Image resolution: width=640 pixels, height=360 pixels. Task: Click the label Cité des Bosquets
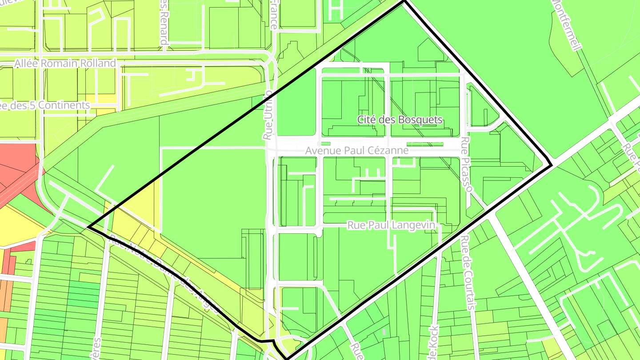click(400, 120)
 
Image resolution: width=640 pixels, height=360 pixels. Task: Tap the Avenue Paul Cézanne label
click(356, 151)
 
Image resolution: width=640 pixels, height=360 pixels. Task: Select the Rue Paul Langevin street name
click(391, 225)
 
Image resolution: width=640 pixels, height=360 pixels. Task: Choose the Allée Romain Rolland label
click(65, 64)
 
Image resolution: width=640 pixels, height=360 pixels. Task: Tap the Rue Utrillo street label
click(268, 115)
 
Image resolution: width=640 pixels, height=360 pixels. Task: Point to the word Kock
click(434, 337)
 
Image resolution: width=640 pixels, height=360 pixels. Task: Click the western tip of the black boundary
click(89, 227)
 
